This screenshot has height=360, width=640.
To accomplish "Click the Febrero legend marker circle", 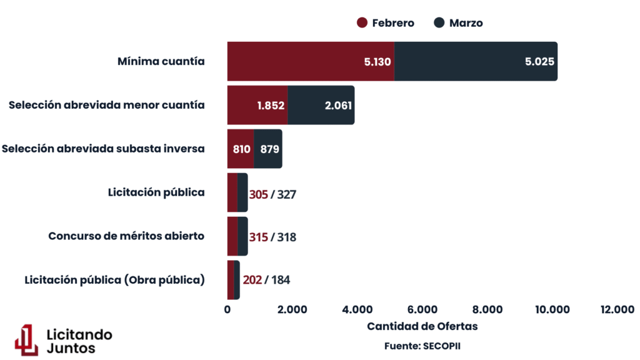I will pyautogui.click(x=362, y=23).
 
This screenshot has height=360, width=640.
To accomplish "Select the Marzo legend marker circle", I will pyautogui.click(x=439, y=23).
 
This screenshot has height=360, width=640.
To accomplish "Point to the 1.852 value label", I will pyautogui.click(x=271, y=105).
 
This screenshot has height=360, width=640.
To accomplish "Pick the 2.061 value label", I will pyautogui.click(x=338, y=105).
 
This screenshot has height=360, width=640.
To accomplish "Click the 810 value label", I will pyautogui.click(x=241, y=149).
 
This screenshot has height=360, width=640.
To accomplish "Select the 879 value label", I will pyautogui.click(x=269, y=149).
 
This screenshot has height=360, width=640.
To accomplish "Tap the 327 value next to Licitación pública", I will pyautogui.click(x=286, y=194).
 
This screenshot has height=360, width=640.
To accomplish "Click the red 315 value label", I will pyautogui.click(x=258, y=237).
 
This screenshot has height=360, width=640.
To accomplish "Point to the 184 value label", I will pyautogui.click(x=280, y=280).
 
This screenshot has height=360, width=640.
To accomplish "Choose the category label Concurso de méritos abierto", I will pyautogui.click(x=126, y=236).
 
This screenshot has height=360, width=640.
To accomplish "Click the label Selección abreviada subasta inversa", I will pyautogui.click(x=103, y=149).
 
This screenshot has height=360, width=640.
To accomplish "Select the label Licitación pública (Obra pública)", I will pyautogui.click(x=114, y=280).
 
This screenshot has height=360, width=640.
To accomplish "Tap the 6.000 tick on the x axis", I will pyautogui.click(x=422, y=309).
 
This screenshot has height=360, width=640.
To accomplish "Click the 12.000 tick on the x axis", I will pyautogui.click(x=617, y=309).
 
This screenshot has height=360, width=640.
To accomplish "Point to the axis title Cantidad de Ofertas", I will pyautogui.click(x=422, y=326).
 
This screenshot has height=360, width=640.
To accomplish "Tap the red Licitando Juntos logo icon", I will pyautogui.click(x=27, y=340).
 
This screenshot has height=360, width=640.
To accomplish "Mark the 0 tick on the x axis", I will pyautogui.click(x=227, y=309).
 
